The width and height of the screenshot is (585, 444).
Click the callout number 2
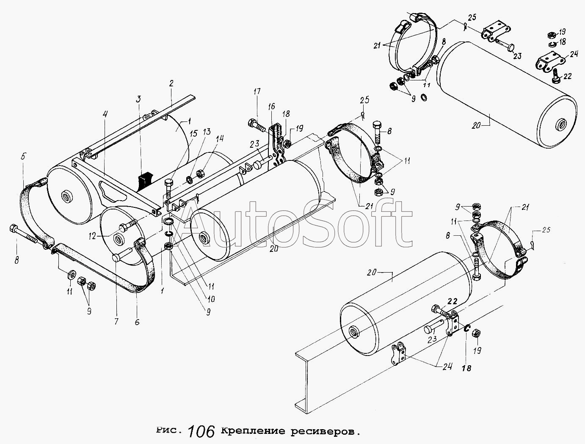171,83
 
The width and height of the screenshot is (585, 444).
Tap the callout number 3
138,100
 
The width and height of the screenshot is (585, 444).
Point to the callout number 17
257,92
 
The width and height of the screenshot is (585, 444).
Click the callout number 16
271,107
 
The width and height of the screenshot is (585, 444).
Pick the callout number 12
92,236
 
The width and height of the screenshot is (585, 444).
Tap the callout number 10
211,299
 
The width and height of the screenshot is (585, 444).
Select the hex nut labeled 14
200,174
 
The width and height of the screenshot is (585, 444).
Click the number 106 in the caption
201,432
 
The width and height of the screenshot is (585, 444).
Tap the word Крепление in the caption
253,431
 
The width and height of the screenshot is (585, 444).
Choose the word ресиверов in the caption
323,431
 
